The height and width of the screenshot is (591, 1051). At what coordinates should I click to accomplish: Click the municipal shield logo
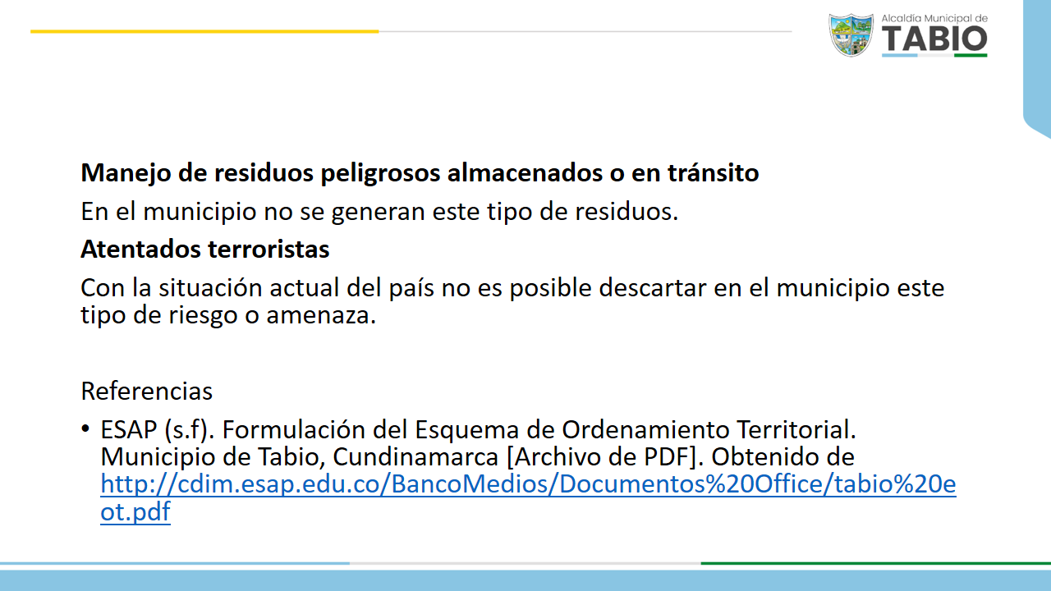[x=851, y=35]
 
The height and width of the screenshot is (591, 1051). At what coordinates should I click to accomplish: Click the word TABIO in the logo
[x=934, y=39]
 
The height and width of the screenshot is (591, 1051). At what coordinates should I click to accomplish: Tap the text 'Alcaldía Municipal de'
[x=934, y=18]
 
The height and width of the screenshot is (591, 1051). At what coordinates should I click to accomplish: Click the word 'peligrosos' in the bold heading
[x=380, y=173]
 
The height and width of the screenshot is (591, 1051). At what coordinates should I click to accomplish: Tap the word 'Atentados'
[x=141, y=249]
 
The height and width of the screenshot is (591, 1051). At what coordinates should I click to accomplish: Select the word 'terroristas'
[x=268, y=249]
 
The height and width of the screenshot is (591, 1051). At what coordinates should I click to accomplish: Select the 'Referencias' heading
[x=146, y=392]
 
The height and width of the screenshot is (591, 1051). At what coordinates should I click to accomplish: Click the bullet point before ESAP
[x=85, y=428]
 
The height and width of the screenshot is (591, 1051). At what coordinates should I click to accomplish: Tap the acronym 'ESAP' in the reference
[x=129, y=429]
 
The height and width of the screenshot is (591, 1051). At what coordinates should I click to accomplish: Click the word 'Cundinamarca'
[x=415, y=457]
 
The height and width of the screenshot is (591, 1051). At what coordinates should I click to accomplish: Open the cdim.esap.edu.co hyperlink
[x=528, y=484]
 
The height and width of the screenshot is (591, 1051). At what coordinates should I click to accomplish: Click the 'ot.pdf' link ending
[x=135, y=512]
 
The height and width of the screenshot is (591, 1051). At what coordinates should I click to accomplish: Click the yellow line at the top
[x=204, y=31]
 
